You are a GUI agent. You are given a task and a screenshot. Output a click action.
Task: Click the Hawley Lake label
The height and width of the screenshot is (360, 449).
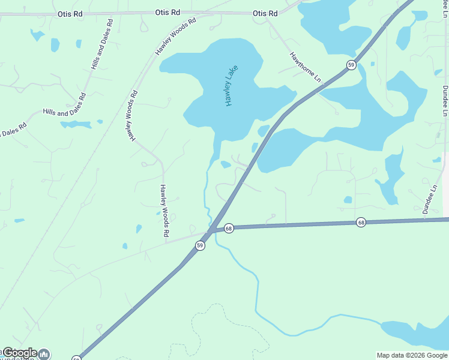232,85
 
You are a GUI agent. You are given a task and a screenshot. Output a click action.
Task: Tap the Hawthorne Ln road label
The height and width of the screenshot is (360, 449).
306,67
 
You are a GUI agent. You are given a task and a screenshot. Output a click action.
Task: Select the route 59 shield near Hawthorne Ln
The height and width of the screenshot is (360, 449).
351,64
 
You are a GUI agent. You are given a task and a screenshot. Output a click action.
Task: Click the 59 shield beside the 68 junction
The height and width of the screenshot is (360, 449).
200,245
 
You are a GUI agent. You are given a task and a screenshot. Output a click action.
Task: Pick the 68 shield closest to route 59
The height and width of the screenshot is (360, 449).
228,229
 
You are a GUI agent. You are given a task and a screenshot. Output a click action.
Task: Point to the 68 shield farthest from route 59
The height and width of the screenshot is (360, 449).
360,222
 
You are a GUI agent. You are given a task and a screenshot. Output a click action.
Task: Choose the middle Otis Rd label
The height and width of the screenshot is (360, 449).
167,12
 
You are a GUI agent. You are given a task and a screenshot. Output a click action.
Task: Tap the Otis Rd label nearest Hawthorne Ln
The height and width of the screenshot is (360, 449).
265,13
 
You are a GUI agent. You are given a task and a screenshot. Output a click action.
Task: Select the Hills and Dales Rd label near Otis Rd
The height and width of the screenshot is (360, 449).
101,44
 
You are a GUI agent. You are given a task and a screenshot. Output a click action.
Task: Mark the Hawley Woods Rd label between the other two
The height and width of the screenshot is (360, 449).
131,116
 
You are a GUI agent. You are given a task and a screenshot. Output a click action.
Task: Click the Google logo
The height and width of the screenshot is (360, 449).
20,353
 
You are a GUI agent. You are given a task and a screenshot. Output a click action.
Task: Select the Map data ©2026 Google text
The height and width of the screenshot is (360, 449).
412,355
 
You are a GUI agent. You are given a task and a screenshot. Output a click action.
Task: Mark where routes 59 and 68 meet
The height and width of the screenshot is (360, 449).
212,230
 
